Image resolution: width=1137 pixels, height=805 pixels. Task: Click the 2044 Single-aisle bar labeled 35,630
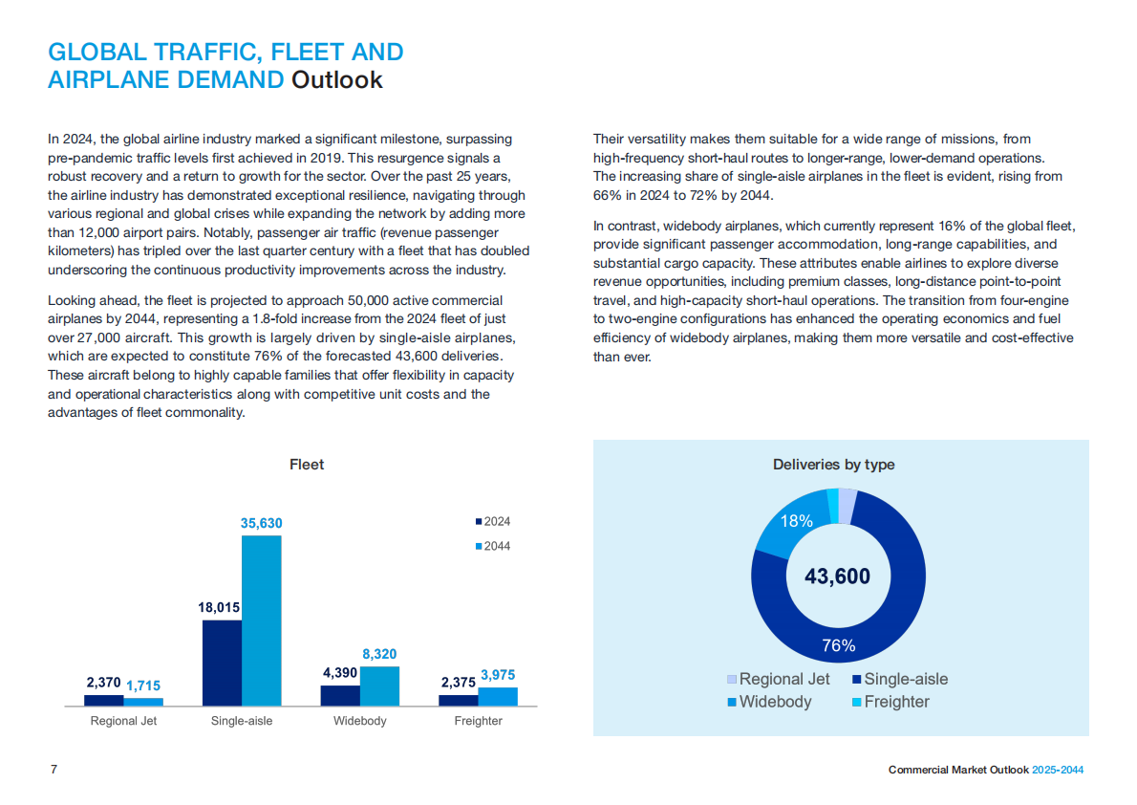coord(261,620)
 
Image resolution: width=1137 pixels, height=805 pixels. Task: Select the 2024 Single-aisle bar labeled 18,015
coord(222,663)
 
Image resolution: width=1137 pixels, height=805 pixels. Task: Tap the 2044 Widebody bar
coord(379,685)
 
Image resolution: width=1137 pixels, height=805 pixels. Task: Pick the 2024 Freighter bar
coord(458,700)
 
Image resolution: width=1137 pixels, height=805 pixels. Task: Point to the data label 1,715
coord(143,685)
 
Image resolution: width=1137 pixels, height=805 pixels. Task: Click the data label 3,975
coord(498,675)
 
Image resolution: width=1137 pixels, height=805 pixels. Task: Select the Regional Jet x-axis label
coord(123,721)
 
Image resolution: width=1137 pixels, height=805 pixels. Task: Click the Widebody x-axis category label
coord(360,721)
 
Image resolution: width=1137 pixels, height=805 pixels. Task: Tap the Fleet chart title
coord(307,465)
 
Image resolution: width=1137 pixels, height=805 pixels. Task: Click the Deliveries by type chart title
coord(833,465)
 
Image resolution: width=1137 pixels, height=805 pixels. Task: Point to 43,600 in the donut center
coord(837,577)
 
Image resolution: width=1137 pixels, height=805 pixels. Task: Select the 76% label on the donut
coord(838,646)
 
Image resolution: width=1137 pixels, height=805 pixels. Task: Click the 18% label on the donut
coord(797,521)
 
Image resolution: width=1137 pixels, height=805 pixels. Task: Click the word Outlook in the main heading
coord(336,80)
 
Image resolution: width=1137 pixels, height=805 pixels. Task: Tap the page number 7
coord(54,770)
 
